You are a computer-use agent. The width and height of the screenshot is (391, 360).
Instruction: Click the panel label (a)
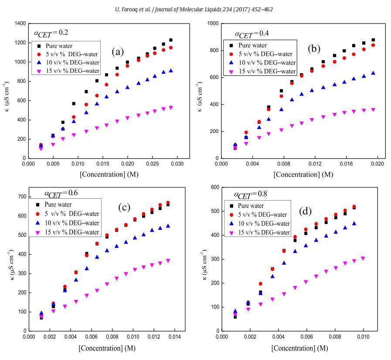pos(118,52)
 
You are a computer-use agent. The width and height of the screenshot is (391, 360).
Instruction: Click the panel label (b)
pos(314,48)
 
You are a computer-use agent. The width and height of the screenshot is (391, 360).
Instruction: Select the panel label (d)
pos(306,211)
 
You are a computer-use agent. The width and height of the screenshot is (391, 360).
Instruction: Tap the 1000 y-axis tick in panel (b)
pos(214,24)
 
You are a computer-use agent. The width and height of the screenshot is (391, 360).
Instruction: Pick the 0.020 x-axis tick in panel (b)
pos(377,164)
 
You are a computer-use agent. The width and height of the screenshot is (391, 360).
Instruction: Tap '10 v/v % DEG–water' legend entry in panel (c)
pos(71,223)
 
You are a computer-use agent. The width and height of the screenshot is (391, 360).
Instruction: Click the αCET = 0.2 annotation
pos(51,33)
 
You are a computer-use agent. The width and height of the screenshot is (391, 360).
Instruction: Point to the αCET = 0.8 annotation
pos(251,194)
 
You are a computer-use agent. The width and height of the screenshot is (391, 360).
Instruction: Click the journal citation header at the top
pos(195,9)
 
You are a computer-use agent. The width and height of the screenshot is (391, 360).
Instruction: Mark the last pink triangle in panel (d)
pos(363,258)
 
